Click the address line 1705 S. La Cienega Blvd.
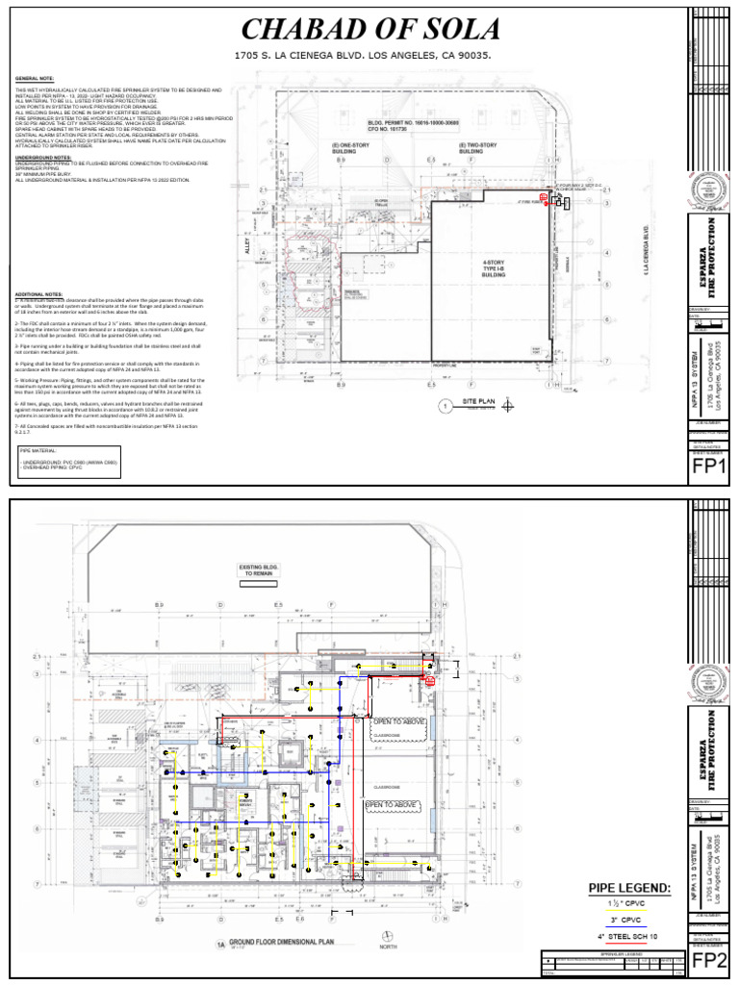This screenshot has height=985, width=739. point(363,56)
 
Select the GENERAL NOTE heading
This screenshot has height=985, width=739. point(34,79)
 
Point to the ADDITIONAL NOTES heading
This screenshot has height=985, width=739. point(39,293)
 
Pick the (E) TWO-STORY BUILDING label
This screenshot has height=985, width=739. point(471,148)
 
